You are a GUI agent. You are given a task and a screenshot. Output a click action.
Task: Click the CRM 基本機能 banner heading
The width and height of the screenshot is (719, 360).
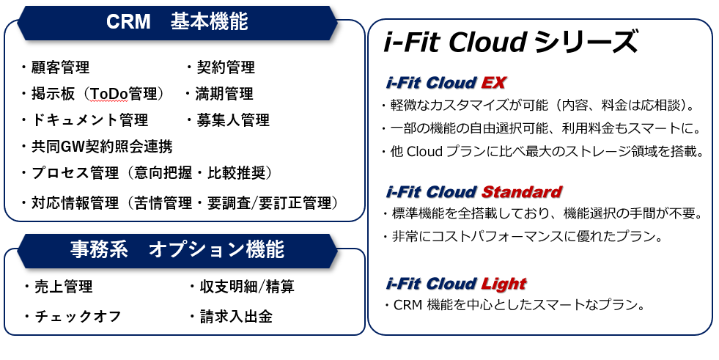(x=177, y=22)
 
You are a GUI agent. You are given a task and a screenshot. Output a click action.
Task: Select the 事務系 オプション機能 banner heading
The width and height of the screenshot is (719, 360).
(x=177, y=250)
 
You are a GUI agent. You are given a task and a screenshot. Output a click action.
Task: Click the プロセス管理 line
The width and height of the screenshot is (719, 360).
(x=151, y=173)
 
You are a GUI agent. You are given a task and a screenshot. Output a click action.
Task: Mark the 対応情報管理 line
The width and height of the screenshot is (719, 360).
(x=183, y=202)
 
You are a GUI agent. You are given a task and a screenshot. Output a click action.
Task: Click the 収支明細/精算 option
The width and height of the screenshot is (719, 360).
(x=241, y=287)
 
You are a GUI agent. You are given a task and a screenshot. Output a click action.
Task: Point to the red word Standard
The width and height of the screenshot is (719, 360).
(x=522, y=192)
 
